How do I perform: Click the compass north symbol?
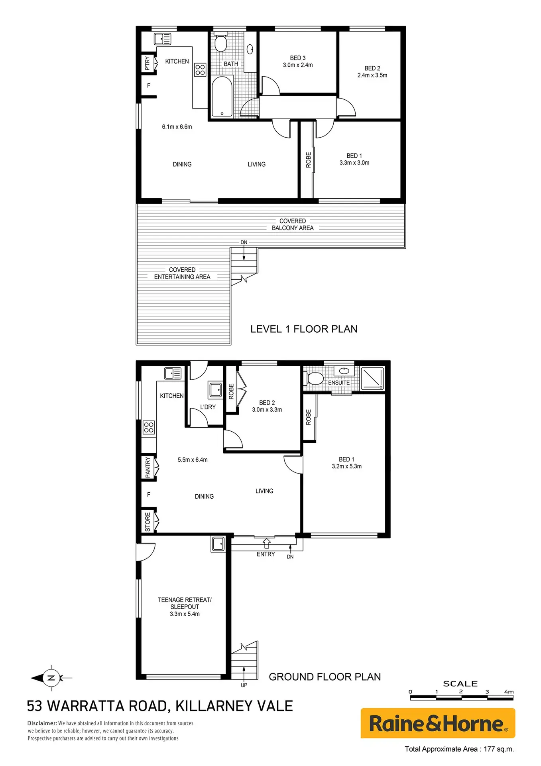coord(51,677)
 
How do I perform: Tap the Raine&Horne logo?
coord(438,723)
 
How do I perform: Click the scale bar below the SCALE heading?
coord(462,698)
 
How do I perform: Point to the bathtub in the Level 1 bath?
coord(222,97)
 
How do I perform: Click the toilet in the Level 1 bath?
coord(220,42)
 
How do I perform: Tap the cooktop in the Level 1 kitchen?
coord(200,70)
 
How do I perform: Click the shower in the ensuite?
coord(372,378)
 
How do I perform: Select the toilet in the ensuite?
coord(314,378)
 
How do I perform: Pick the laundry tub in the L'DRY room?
coord(216,390)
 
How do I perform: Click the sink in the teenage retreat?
coord(218,543)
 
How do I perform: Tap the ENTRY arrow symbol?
coord(267,543)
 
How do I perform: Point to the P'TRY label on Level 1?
coord(148,63)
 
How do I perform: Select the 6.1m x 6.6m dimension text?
coord(177,127)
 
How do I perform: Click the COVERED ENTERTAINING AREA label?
coord(182,273)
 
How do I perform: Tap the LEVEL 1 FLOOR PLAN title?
coord(304,329)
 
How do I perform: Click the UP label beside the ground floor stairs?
coord(244,685)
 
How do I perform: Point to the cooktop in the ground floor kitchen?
coord(149,427)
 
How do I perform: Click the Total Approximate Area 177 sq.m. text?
coord(459,749)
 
